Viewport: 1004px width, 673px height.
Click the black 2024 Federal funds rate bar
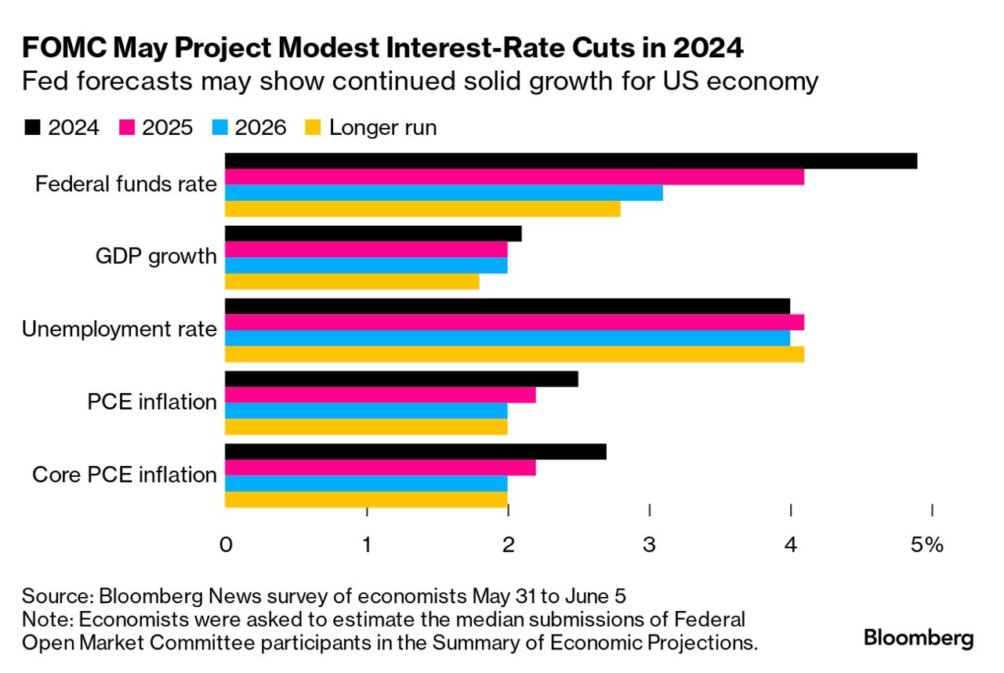point(571,161)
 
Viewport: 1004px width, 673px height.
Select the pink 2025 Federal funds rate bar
point(514,176)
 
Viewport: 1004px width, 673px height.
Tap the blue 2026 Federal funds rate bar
point(444,193)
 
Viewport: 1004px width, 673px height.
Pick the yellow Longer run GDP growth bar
point(352,282)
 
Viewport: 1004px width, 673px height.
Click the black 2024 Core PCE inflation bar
point(415,452)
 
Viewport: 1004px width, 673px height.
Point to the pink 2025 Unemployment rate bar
point(514,322)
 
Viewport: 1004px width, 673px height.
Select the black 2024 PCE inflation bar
point(401,379)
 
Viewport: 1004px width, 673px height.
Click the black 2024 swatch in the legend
point(32,128)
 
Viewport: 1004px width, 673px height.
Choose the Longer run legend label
point(382,128)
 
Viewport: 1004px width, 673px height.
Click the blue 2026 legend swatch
point(220,128)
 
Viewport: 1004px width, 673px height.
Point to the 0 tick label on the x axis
point(226,545)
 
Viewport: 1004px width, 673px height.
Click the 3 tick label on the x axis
point(649,545)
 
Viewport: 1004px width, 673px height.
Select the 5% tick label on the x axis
point(927,545)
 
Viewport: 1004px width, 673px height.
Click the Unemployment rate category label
point(119,329)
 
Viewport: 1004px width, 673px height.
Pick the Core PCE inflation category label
point(125,475)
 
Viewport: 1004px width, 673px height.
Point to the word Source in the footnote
point(47,594)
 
